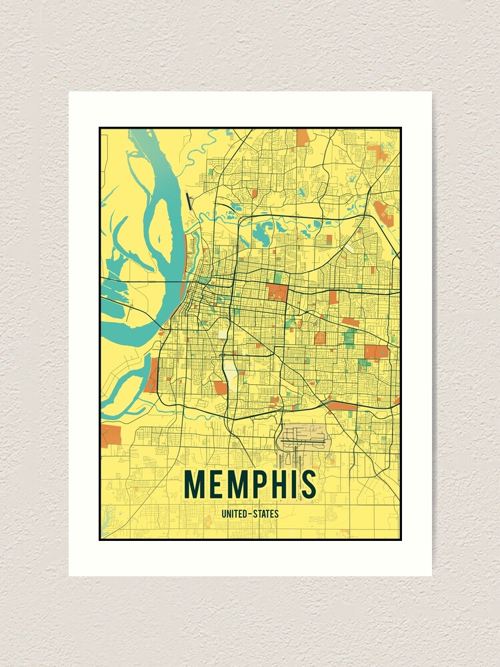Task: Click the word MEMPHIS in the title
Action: pyautogui.click(x=250, y=484)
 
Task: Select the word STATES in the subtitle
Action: pyautogui.click(x=265, y=514)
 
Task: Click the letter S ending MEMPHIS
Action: pyautogui.click(x=307, y=484)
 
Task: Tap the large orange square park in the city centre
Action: pyautogui.click(x=277, y=291)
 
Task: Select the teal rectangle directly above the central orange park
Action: pyautogui.click(x=277, y=276)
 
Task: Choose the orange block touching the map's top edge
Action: pyautogui.click(x=303, y=137)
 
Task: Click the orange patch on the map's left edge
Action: pyautogui.click(x=109, y=435)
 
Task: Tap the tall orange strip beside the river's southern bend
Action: pyautogui.click(x=153, y=375)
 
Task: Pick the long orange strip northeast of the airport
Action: pyautogui.click(x=341, y=405)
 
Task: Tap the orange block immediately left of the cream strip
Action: pyautogui.click(x=219, y=388)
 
